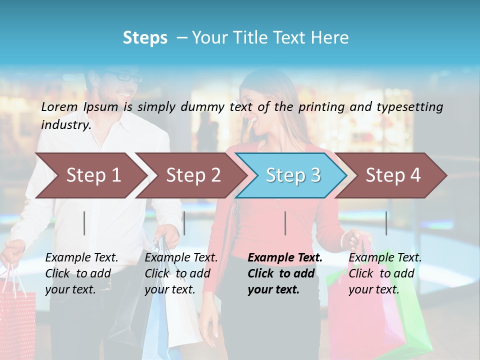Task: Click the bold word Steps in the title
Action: tap(145, 38)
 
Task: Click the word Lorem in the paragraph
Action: tap(59, 107)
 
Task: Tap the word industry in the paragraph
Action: tap(65, 125)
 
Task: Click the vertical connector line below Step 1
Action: tap(84, 223)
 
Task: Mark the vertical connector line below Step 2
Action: tap(184, 223)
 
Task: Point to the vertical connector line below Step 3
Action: tap(285, 223)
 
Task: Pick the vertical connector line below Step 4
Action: tap(386, 223)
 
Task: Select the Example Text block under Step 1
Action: tap(81, 273)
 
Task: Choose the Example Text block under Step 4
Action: tap(385, 273)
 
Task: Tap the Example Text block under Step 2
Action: tap(181, 273)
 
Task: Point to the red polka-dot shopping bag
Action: tap(17, 320)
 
